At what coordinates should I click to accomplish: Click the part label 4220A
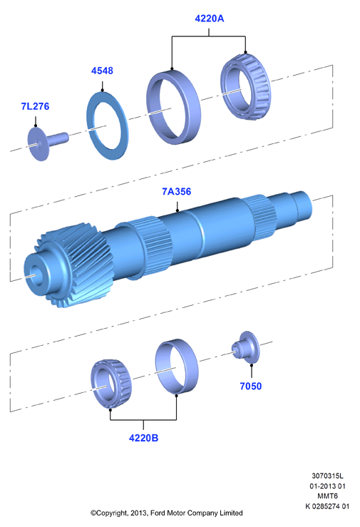click(x=209, y=19)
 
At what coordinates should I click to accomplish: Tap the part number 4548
click(x=102, y=71)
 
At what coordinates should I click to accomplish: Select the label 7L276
click(x=35, y=106)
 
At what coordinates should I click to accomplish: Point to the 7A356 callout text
click(x=177, y=192)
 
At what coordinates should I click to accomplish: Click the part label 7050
click(x=250, y=386)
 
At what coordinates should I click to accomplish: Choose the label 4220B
click(x=143, y=438)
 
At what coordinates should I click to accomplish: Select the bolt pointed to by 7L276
click(x=46, y=143)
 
